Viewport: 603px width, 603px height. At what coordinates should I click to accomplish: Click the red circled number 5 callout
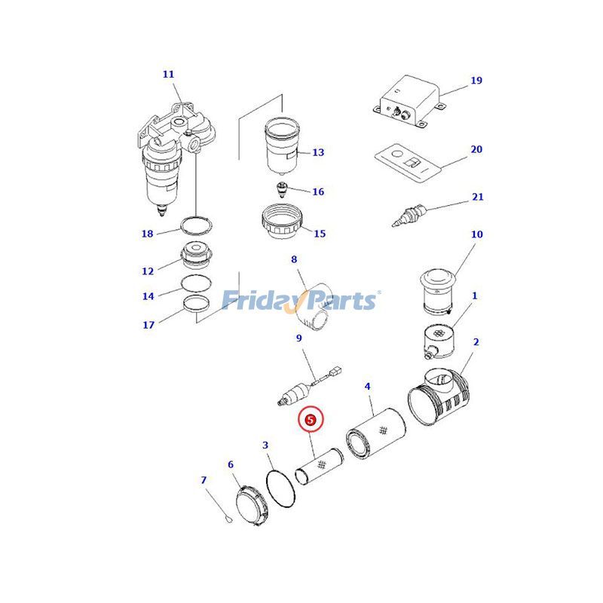(311, 418)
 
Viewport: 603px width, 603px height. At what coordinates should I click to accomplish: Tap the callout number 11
(168, 75)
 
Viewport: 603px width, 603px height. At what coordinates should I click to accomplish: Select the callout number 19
(476, 81)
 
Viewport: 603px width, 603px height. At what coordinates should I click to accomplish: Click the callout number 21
(477, 197)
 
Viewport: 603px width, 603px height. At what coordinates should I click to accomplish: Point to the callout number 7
(204, 480)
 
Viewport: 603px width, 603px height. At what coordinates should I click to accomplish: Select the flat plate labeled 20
(408, 161)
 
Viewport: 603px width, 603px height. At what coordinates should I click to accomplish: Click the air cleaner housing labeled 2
(442, 400)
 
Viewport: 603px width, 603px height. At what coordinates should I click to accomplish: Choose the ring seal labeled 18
(195, 225)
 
